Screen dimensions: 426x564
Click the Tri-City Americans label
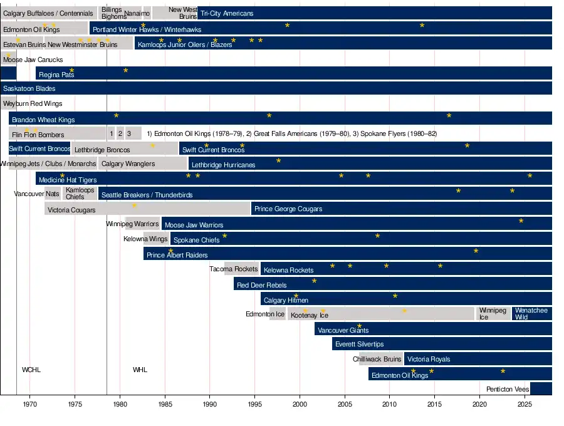(x=227, y=13)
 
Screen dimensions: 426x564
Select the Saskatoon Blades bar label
(x=29, y=89)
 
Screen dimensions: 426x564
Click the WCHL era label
(x=31, y=370)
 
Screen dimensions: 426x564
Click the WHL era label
(x=140, y=370)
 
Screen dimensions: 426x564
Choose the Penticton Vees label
(x=508, y=389)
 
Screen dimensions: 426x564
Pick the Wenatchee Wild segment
(x=531, y=314)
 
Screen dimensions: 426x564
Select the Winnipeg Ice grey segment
(x=493, y=314)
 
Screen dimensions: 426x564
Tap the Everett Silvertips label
(x=359, y=345)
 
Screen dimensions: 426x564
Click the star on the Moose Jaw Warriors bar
(x=521, y=221)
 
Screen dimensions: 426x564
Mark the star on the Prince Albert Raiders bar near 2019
(x=476, y=251)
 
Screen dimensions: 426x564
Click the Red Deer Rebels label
(x=261, y=286)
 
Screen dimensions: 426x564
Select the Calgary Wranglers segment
(x=128, y=164)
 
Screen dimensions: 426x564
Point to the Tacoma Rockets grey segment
(x=241, y=269)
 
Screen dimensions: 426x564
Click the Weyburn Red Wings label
(x=33, y=103)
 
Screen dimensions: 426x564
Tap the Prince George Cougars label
(x=288, y=209)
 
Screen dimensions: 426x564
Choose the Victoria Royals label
(x=429, y=360)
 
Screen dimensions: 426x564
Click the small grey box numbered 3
(x=129, y=133)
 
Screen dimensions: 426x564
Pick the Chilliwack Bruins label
(x=377, y=360)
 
